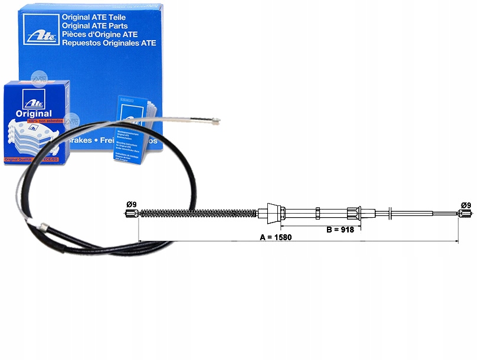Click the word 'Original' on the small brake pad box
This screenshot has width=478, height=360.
34,113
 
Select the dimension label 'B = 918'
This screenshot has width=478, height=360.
340,230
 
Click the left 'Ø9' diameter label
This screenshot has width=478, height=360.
132,205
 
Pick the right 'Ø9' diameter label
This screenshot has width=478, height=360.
466,205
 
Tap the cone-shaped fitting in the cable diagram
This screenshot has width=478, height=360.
273,212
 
